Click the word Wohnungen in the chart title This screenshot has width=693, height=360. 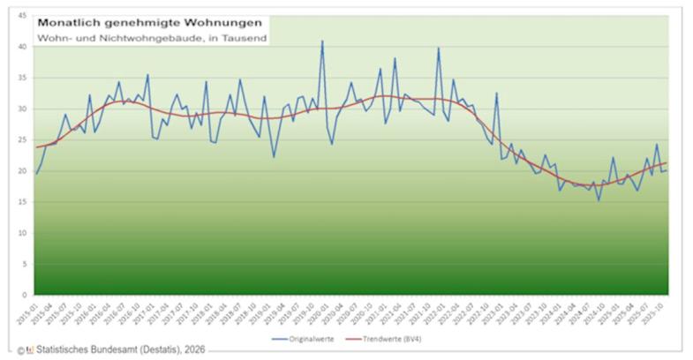212,22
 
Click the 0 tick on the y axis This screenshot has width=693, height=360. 24,294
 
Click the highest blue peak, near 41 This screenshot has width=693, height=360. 322,41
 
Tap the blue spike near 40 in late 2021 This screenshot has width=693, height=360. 439,49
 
